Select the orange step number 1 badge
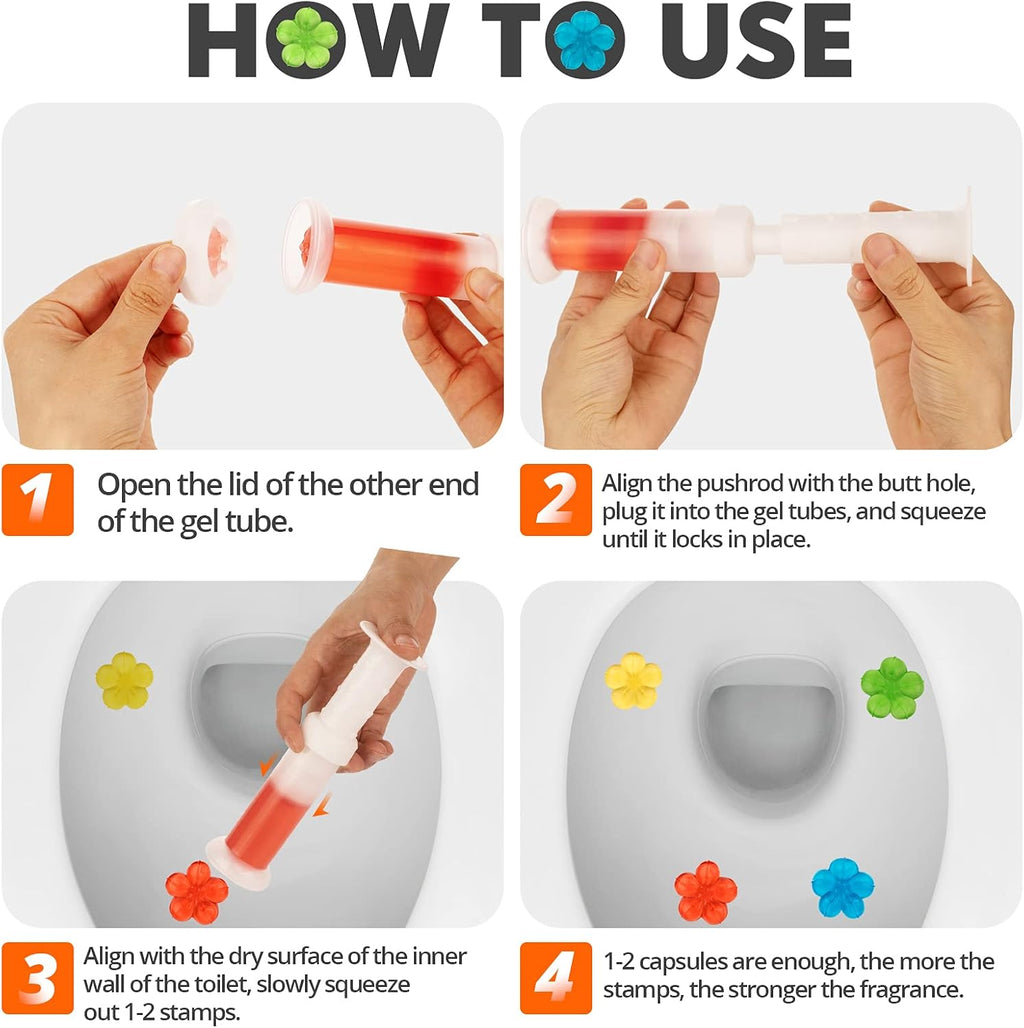tap(38, 499)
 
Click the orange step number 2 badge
tap(555, 499)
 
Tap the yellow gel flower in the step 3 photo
tap(124, 681)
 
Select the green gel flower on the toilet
tap(891, 687)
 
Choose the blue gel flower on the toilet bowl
tap(842, 887)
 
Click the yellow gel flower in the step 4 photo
tap(633, 681)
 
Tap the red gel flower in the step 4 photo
tap(705, 891)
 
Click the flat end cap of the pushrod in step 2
tap(966, 236)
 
